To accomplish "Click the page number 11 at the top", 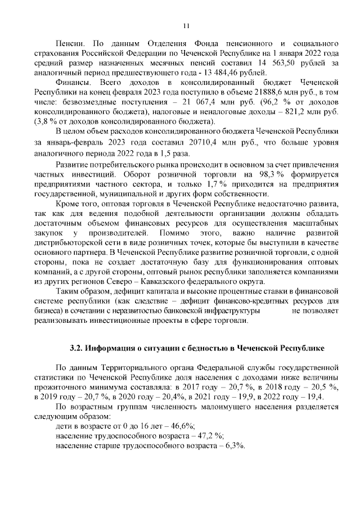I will (x=187, y=25).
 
